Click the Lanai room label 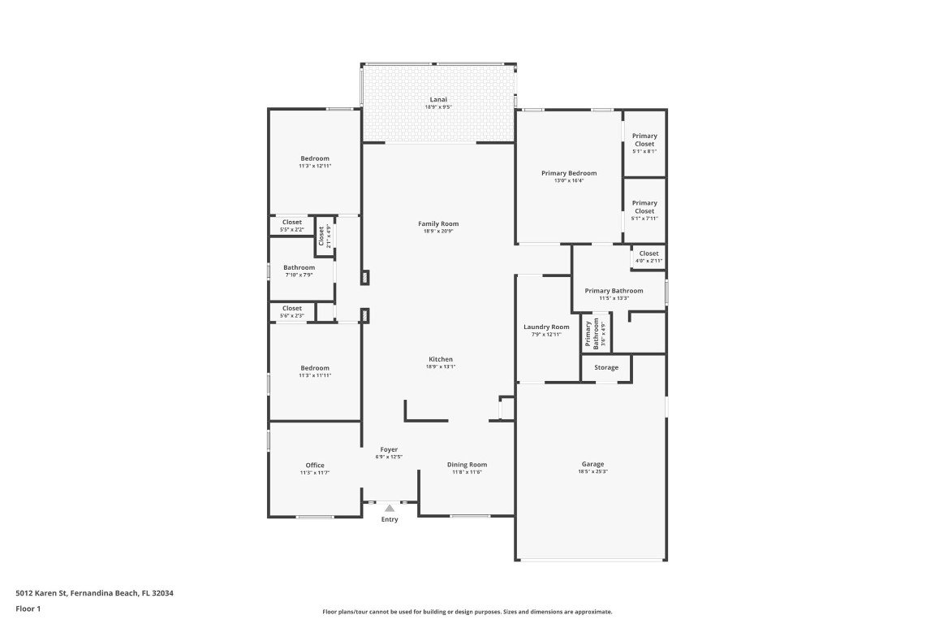coord(438,99)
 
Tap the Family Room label coord(438,223)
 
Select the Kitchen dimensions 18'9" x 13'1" coord(441,366)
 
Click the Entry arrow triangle coord(390,509)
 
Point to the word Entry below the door coord(390,520)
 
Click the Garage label coord(592,464)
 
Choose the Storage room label coord(606,367)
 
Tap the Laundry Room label coord(546,327)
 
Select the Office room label coord(315,466)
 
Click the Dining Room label coord(467,465)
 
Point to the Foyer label coord(390,449)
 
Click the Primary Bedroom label coord(569,173)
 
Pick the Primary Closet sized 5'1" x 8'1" coord(644,141)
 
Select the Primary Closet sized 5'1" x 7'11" coord(644,208)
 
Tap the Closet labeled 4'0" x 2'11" coord(648,253)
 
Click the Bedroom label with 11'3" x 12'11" coord(315,158)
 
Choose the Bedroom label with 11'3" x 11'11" coord(315,368)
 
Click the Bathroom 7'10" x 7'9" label coord(299,267)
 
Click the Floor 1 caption coord(28,609)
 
